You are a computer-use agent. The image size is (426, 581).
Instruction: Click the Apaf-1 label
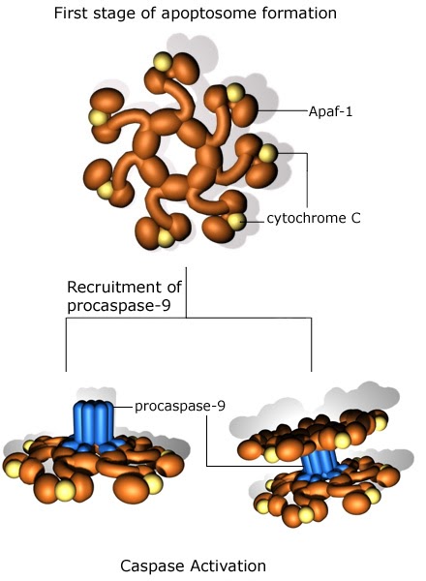[334, 110]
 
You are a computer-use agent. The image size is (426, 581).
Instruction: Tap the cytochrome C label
[315, 219]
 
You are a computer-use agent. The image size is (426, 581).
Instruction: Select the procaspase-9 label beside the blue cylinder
[180, 406]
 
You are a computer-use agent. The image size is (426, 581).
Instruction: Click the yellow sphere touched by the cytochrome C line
[236, 223]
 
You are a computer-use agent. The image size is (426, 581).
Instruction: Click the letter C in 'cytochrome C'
[355, 219]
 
